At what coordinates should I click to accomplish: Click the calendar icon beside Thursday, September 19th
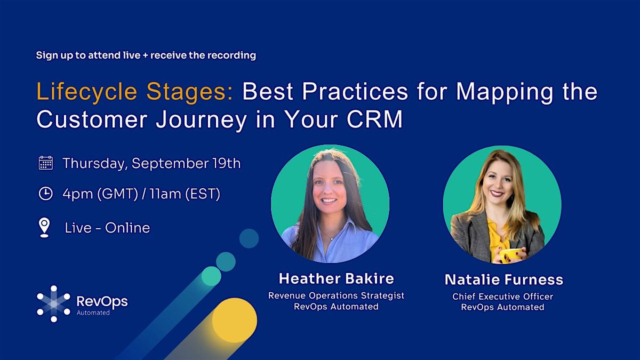click(46, 163)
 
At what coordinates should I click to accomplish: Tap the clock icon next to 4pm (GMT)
click(46, 194)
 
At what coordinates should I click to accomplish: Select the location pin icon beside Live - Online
click(44, 227)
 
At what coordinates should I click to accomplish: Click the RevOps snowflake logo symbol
click(53, 303)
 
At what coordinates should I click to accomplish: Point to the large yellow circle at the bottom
click(235, 320)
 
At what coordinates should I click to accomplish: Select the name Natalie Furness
click(503, 279)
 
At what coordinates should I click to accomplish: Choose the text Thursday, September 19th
click(151, 163)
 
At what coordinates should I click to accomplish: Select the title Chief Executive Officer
click(502, 296)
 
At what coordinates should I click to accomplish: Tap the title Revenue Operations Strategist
click(336, 295)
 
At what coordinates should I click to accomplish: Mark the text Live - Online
click(107, 228)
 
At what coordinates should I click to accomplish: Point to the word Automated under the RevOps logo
click(93, 313)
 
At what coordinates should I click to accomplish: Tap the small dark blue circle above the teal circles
click(249, 238)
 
